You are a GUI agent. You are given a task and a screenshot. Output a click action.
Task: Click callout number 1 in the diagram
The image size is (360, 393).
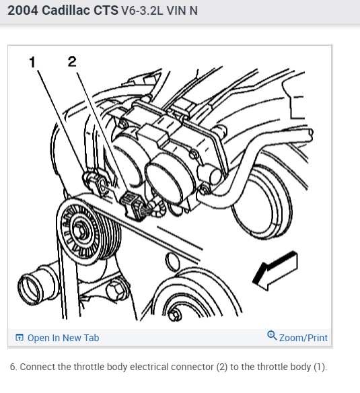[32, 62]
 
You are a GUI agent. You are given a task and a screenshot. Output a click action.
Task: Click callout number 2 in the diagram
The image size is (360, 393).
[72, 61]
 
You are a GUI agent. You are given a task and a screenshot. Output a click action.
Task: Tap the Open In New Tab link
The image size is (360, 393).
[63, 338]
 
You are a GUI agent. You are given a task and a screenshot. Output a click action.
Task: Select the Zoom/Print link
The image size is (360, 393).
[303, 338]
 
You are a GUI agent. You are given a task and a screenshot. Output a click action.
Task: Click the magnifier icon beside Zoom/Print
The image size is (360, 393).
[272, 335]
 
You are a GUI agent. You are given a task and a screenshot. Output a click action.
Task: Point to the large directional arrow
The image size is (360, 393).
[275, 271]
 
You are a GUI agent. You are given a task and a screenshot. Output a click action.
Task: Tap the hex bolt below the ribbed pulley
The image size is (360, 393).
[116, 290]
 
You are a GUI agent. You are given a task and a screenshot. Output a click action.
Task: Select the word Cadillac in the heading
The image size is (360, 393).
[66, 11]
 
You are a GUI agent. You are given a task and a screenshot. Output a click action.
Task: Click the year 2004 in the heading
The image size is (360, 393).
[23, 11]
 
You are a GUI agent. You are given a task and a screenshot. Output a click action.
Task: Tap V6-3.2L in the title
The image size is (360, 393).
[142, 11]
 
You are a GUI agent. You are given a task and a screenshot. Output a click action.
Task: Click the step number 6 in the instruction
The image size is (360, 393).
[13, 367]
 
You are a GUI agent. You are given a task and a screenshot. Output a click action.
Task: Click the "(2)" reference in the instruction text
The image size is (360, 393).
[222, 367]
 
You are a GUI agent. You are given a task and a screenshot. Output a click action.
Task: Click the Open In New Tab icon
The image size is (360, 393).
[20, 337]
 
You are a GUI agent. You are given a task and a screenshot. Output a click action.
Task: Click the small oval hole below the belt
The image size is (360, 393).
[172, 262]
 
